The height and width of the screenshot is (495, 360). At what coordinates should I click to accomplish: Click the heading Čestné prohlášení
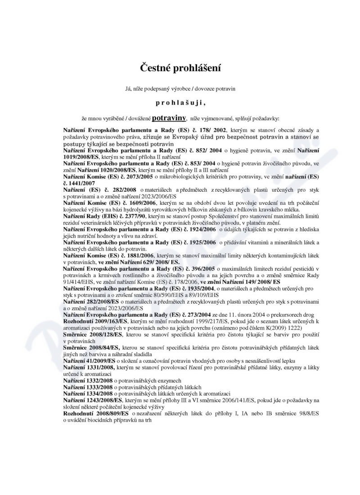180,69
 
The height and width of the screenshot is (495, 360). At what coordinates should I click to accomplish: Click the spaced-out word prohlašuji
180,103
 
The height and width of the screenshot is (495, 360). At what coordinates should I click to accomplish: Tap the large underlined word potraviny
169,118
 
